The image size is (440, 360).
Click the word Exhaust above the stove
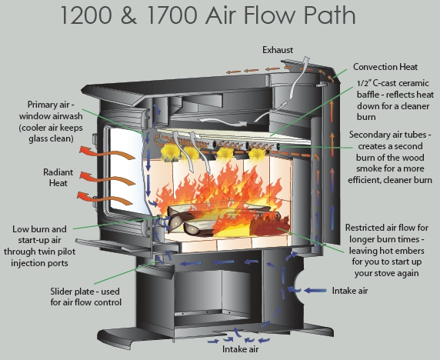coord(278,50)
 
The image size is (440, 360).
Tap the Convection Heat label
coord(385,67)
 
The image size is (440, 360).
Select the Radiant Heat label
coord(58,178)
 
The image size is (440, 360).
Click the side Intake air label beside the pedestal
coord(350,291)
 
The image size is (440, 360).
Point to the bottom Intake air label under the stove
coord(240,349)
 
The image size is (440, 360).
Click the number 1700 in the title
coord(172,15)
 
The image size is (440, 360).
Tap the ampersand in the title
coord(129,15)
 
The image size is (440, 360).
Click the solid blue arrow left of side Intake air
coord(315,291)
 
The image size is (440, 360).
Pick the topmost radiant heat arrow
coord(107,154)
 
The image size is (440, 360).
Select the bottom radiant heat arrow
coord(105,198)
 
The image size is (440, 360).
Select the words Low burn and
coord(39,229)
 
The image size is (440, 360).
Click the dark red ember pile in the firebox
coord(269,225)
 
